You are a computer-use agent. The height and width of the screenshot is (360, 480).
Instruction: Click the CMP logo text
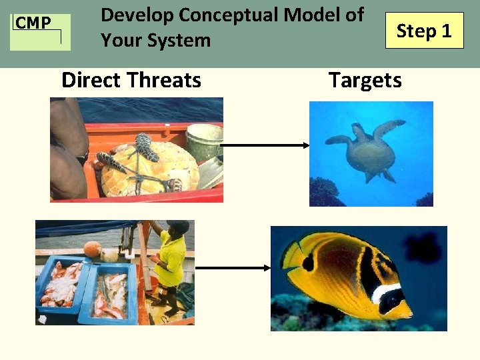coord(33,24)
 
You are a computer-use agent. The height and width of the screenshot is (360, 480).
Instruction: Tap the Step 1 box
coord(424,31)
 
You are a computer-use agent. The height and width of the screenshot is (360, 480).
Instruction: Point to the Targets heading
coord(365,81)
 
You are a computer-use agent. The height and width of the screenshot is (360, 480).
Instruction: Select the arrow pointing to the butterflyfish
coord(233,268)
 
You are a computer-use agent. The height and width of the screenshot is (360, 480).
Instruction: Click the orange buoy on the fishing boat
coord(92,250)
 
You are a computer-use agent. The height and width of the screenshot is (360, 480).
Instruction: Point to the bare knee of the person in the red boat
coord(66,167)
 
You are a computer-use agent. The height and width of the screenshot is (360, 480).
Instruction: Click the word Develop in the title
coord(137,14)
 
